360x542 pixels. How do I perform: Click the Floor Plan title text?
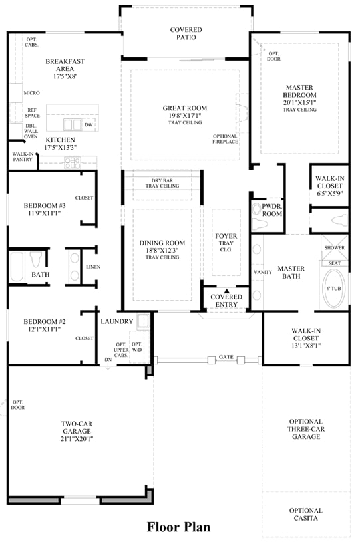tap(178, 527)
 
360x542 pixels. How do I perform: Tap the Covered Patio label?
tap(186, 33)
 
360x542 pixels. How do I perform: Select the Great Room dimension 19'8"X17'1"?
tap(185, 116)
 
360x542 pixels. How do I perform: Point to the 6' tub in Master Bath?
tap(334, 288)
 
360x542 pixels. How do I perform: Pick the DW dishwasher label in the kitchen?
tap(89, 125)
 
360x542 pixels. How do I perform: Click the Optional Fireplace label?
tap(225, 139)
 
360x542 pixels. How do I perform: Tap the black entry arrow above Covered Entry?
tap(226, 291)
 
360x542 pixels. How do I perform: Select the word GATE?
tap(226, 357)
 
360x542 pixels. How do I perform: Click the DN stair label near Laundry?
tap(108, 360)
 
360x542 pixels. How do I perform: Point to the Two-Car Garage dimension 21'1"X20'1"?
tap(77, 439)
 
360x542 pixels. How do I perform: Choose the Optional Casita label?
tap(306, 514)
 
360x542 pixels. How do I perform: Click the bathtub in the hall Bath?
tap(17, 267)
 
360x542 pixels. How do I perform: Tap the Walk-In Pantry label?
tap(23, 156)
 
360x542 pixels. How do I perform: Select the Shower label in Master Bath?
tap(335, 247)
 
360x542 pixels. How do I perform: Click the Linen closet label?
tap(93, 267)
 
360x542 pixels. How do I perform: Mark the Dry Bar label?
tap(162, 180)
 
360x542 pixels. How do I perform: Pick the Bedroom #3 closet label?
tap(84, 198)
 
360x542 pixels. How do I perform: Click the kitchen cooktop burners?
tap(73, 162)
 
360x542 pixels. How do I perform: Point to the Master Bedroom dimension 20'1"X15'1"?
tap(300, 102)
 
